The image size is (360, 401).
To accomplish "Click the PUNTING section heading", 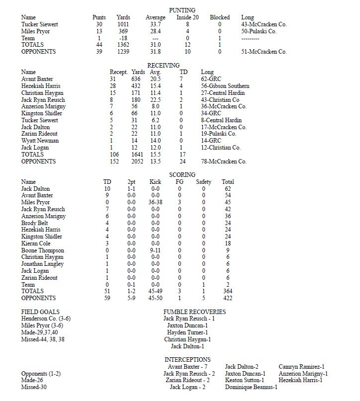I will click(x=182, y=10).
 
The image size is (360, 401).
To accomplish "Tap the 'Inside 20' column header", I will click(x=187, y=17).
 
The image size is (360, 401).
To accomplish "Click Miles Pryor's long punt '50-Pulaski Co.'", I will click(x=259, y=31).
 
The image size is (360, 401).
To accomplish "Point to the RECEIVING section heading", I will click(x=164, y=66).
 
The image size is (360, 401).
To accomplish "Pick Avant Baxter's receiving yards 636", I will click(x=138, y=80).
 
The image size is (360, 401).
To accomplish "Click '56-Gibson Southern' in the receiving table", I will click(x=225, y=86).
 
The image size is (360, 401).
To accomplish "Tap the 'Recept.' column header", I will click(x=118, y=73).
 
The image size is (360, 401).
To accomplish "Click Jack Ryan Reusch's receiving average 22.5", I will click(x=157, y=100).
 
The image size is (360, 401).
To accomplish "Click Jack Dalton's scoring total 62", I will click(x=228, y=189).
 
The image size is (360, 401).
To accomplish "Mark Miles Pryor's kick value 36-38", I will click(x=155, y=203).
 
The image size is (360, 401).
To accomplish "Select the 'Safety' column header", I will click(x=203, y=182).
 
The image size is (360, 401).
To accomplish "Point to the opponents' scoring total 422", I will click(x=228, y=298).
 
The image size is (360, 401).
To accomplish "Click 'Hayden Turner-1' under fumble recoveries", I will click(x=187, y=332).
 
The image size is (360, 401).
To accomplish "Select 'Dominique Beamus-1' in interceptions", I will click(x=251, y=387).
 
